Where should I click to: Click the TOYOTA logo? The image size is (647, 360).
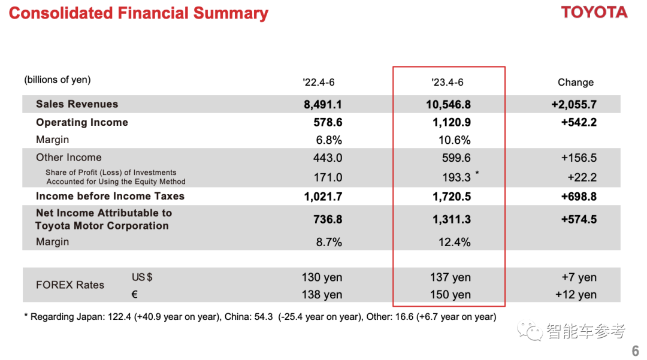[594, 13]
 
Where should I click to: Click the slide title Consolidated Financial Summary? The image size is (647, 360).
[138, 13]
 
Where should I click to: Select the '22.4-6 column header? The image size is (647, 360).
[319, 82]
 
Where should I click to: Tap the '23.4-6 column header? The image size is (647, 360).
[447, 82]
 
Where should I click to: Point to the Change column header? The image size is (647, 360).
[575, 82]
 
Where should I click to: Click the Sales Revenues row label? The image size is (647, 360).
[77, 104]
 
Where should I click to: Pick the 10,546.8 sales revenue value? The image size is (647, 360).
[448, 104]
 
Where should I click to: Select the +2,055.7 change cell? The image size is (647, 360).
[573, 104]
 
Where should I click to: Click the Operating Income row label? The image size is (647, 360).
[81, 122]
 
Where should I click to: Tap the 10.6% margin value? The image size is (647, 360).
[454, 140]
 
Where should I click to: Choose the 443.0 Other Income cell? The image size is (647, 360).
[328, 158]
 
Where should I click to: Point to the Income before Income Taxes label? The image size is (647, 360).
[110, 196]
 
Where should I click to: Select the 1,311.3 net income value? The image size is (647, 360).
[451, 220]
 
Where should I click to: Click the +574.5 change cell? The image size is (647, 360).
[578, 220]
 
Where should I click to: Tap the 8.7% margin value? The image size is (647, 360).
[329, 242]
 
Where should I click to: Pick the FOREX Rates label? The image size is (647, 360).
[69, 285]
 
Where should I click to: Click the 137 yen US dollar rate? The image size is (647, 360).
[450, 277]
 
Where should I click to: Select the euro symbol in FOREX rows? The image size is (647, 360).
[135, 295]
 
